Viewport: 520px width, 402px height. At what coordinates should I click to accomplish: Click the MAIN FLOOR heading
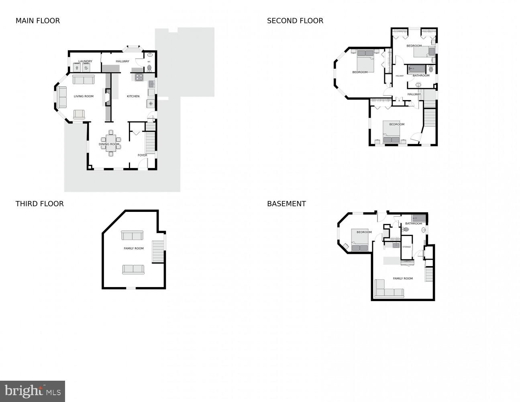tap(38, 21)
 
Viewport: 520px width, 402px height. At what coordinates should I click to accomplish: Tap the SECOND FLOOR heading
tap(295, 21)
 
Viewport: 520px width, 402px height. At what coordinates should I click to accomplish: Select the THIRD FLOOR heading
tap(39, 204)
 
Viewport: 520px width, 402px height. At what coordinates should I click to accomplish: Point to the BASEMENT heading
tap(286, 204)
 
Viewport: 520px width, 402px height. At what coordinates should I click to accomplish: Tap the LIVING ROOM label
tap(84, 96)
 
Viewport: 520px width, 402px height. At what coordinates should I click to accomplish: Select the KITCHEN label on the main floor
tap(133, 96)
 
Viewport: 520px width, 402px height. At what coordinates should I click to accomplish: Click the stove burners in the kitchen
tap(139, 77)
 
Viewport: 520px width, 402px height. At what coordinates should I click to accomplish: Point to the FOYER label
tap(142, 155)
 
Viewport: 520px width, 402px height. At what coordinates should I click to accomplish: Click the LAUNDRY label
tap(85, 62)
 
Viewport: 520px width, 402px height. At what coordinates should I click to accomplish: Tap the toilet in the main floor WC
tap(149, 68)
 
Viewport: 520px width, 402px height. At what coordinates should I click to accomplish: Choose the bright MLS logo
tap(33, 391)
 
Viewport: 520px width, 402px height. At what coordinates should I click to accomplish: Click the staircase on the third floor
tap(158, 252)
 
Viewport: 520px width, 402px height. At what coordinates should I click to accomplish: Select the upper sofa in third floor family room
tap(132, 236)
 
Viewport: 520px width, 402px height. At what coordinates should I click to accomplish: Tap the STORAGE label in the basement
tap(406, 247)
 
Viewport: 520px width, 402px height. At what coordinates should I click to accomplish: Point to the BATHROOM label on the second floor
tap(421, 76)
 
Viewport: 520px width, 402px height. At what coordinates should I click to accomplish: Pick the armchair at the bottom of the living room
tap(79, 114)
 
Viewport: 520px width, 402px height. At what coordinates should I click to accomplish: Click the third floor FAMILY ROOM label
tap(133, 248)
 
